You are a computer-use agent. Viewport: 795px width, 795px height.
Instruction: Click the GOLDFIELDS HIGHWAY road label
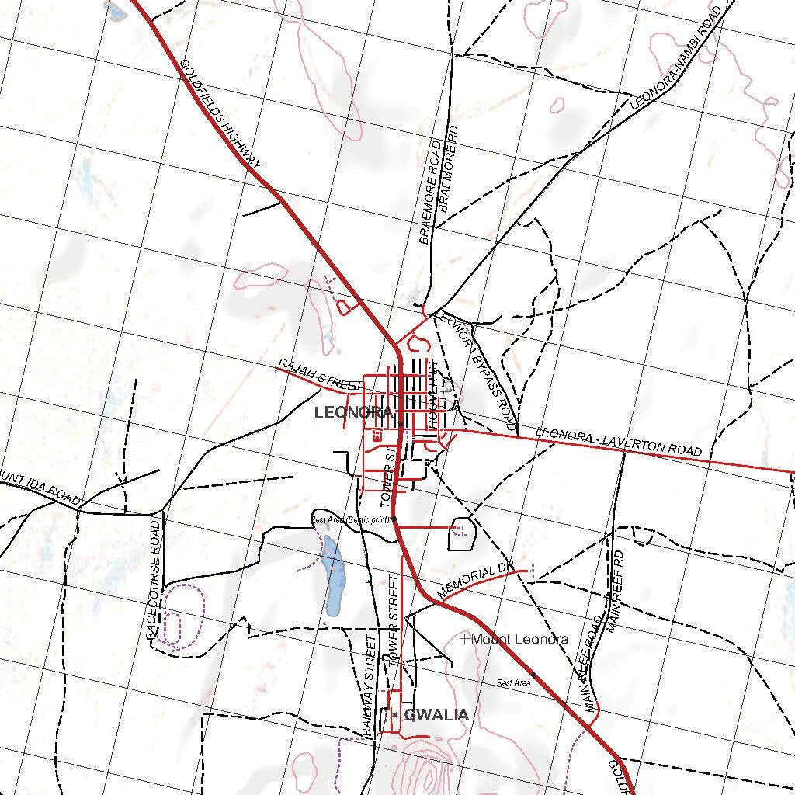(x=221, y=113)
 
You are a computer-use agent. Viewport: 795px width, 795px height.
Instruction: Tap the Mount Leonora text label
(x=519, y=640)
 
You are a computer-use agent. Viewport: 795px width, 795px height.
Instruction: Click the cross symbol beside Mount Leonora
(x=464, y=639)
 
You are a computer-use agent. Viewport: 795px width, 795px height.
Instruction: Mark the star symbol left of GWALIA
(x=395, y=714)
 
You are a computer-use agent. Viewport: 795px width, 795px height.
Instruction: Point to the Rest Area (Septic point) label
(x=349, y=520)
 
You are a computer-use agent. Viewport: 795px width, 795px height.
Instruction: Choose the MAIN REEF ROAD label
(x=591, y=664)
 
